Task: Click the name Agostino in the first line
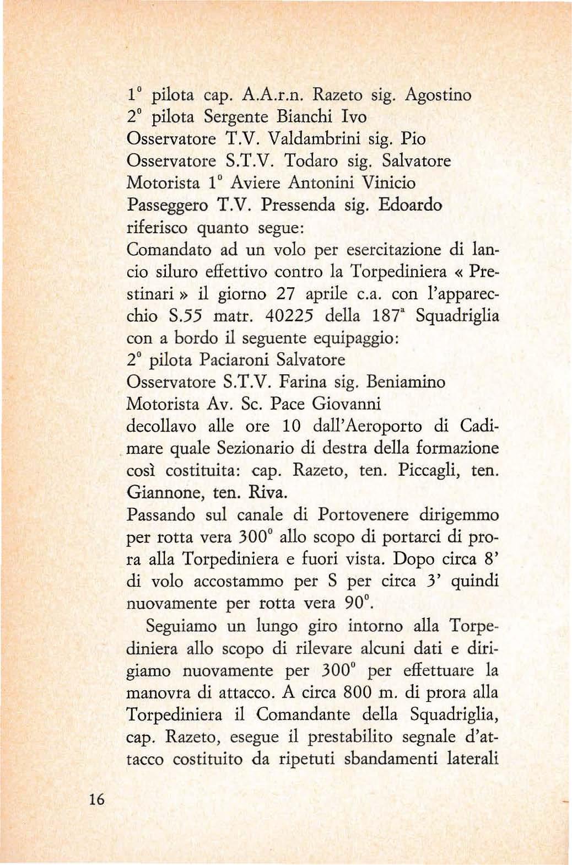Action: (438, 95)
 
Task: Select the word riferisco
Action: (158, 228)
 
